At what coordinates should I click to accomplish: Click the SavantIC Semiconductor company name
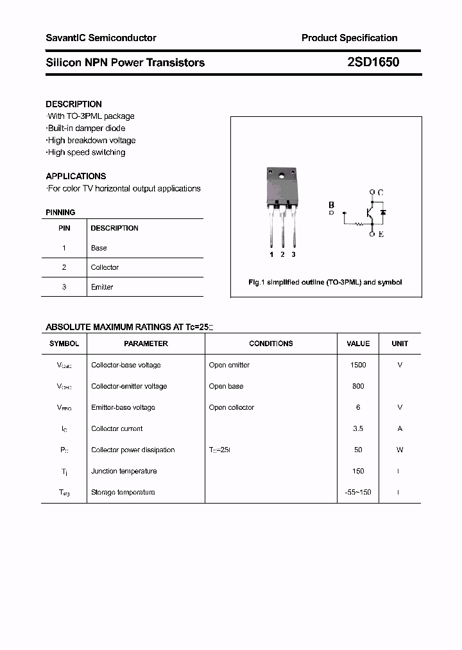pyautogui.click(x=101, y=38)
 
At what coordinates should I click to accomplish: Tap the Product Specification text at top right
pyautogui.click(x=349, y=38)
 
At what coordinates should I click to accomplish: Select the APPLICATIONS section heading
pyautogui.click(x=76, y=176)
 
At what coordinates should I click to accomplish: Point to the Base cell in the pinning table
pyautogui.click(x=99, y=248)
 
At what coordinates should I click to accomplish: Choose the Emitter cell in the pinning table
pyautogui.click(x=101, y=287)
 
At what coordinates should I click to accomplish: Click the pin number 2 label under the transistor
pyautogui.click(x=282, y=255)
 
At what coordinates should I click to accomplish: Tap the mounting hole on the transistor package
pyautogui.click(x=282, y=173)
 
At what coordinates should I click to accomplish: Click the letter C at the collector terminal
pyautogui.click(x=381, y=193)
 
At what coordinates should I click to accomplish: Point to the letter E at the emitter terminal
pyautogui.click(x=381, y=234)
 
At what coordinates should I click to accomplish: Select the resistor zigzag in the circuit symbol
pyautogui.click(x=359, y=224)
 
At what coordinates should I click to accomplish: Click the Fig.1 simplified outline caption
pyautogui.click(x=325, y=283)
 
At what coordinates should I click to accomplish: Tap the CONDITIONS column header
pyautogui.click(x=271, y=344)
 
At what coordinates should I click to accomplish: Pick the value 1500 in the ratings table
pyautogui.click(x=358, y=365)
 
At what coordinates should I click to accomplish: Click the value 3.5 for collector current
pyautogui.click(x=358, y=428)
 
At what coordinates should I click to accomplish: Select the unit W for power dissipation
pyautogui.click(x=400, y=450)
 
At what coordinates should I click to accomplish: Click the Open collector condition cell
pyautogui.click(x=231, y=407)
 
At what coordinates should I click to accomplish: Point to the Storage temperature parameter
pyautogui.click(x=123, y=492)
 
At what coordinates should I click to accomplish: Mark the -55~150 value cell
pyautogui.click(x=358, y=492)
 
